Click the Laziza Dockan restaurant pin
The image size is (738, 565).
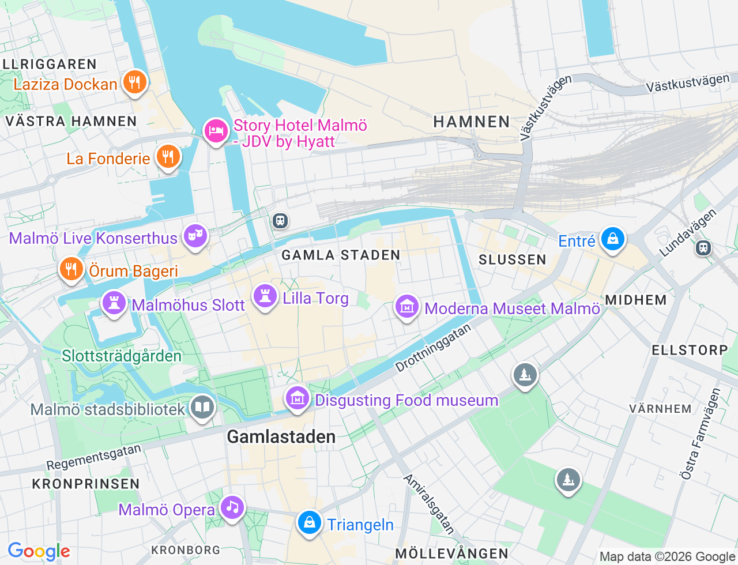(134, 82)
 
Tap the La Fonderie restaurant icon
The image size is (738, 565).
(168, 156)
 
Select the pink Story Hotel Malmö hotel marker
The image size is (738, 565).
(216, 131)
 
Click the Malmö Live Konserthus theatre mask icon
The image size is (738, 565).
(195, 236)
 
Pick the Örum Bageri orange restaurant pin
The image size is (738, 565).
(71, 269)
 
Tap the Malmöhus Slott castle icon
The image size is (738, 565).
(114, 303)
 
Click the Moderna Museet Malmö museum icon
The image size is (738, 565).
(407, 307)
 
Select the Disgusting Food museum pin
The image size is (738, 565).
(298, 398)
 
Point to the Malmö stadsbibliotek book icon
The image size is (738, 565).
(202, 407)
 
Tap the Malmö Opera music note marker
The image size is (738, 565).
(232, 507)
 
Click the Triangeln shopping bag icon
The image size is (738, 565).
(310, 523)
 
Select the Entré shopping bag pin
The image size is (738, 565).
(612, 239)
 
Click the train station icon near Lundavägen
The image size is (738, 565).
(703, 248)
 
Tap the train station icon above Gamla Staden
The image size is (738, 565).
(280, 220)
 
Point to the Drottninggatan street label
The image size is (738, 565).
(434, 348)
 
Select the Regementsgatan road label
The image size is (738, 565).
(93, 458)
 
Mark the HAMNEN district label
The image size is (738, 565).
(472, 122)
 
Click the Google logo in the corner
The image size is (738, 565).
(39, 552)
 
